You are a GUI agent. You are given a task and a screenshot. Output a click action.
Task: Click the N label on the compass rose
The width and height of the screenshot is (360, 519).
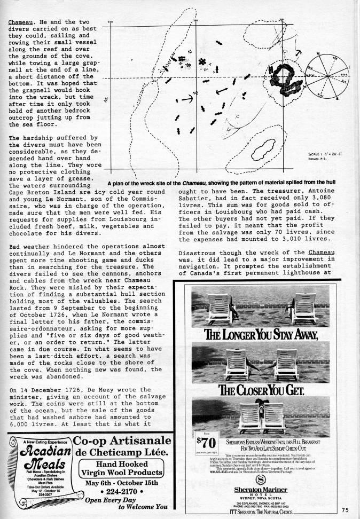tap(318, 54)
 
